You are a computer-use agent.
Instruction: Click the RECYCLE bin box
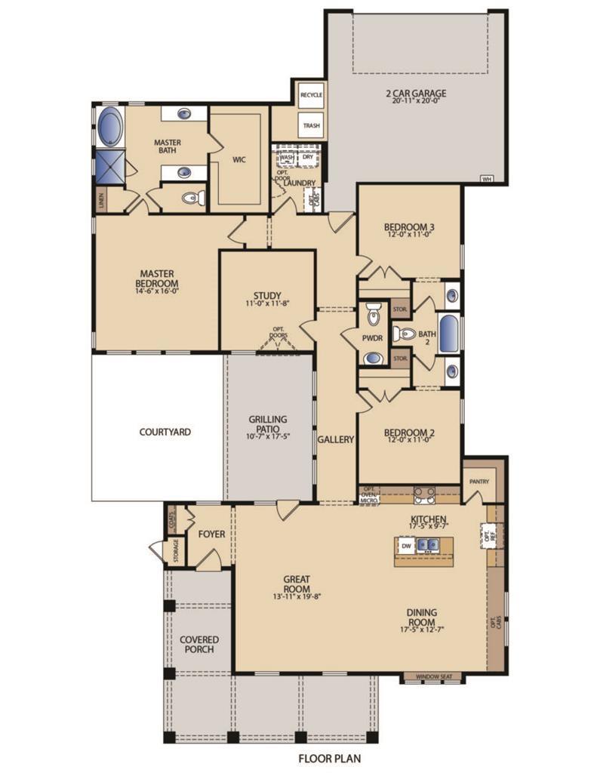pos(311,95)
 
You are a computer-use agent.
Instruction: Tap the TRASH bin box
pos(311,125)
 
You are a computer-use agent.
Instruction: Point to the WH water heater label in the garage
pos(488,179)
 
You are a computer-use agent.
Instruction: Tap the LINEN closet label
pos(101,200)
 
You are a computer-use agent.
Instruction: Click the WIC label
pos(239,159)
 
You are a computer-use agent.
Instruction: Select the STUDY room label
pos(267,295)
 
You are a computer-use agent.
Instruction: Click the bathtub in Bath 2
pos(448,333)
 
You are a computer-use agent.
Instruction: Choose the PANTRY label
pos(479,481)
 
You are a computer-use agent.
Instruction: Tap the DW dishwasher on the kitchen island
pos(406,545)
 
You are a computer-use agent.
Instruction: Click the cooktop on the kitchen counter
pos(424,495)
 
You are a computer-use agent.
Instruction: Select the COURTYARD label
pos(165,433)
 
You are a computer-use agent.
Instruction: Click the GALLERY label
pos(336,439)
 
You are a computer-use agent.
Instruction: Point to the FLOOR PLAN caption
pos(329,756)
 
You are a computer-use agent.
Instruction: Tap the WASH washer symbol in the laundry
pos(288,158)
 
